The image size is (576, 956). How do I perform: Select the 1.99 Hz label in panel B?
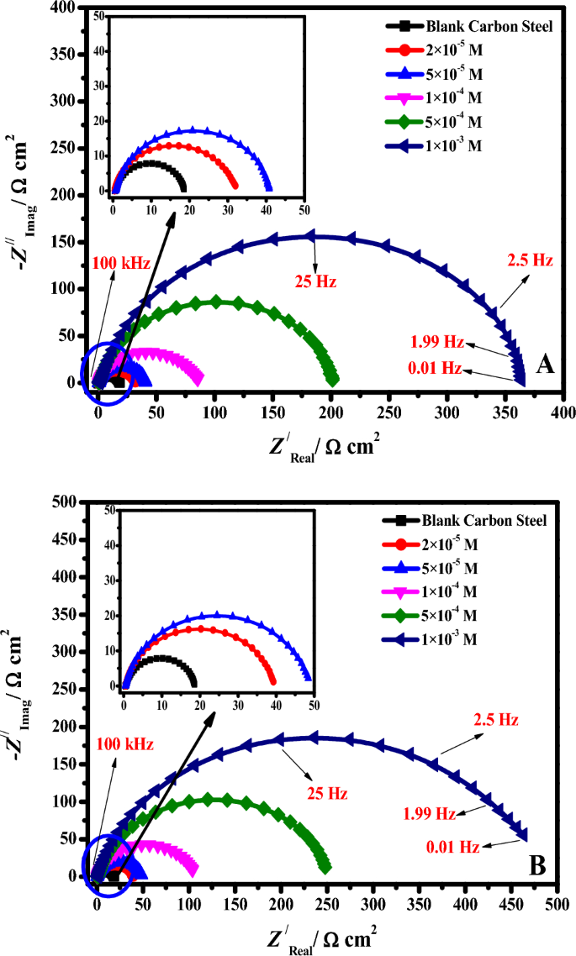[430, 813]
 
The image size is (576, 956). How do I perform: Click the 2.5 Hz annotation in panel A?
[529, 260]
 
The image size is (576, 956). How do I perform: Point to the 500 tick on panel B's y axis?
[62, 502]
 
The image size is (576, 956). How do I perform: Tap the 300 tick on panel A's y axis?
[62, 102]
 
